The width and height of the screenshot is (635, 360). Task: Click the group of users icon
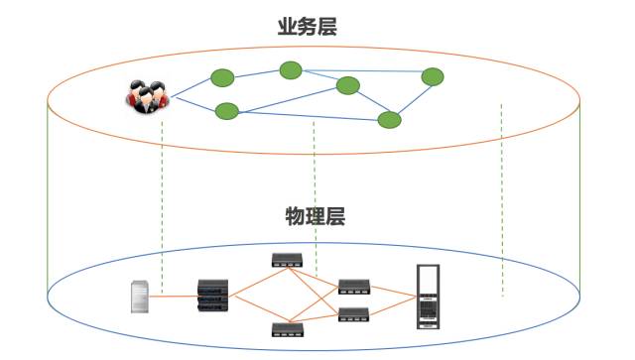point(145,96)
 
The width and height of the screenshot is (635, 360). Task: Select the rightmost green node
point(433,76)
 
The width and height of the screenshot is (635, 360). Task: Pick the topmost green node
point(290,69)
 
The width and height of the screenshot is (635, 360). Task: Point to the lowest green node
point(390,120)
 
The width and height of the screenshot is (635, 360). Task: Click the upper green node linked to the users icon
point(221,77)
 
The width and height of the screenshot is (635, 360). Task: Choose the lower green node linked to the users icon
point(226,110)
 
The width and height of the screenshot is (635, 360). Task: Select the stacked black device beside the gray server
point(213,295)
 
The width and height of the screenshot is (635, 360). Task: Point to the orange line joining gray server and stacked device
point(176,296)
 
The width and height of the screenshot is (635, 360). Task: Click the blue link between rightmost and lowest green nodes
point(413,97)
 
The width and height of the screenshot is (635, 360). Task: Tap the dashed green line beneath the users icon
point(162,198)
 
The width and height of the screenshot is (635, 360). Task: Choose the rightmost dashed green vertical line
point(502,198)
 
